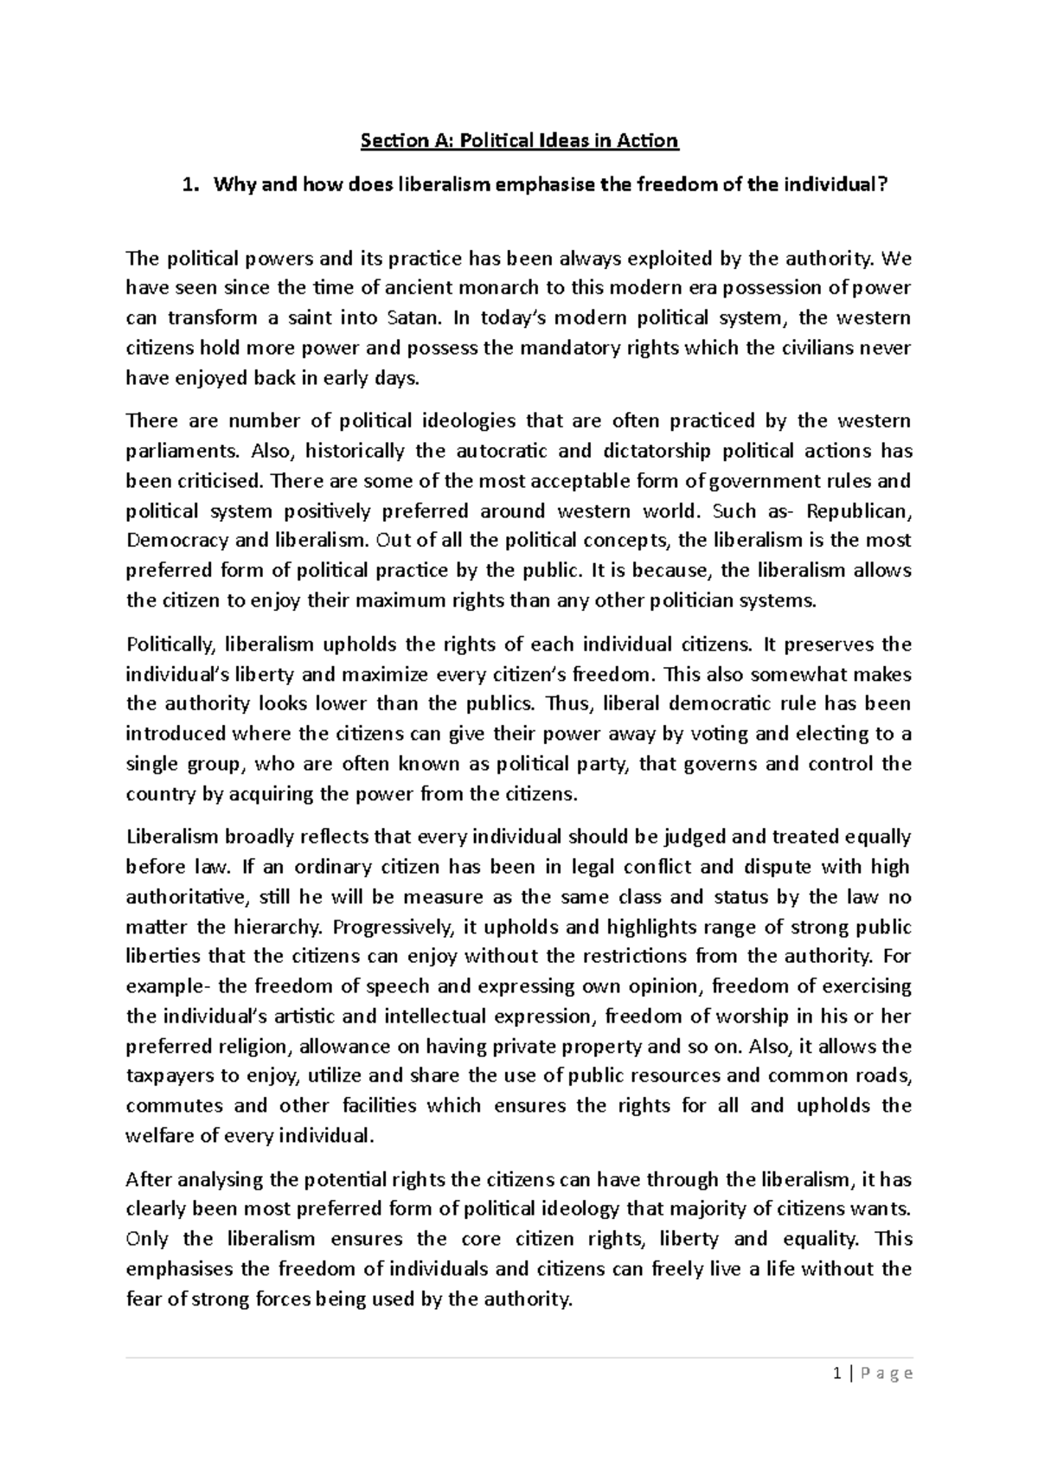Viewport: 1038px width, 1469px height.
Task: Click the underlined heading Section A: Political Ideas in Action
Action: pyautogui.click(x=519, y=140)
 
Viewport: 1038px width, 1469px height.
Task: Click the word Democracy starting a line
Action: pyautogui.click(x=176, y=541)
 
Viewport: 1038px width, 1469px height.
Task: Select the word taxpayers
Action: pyautogui.click(x=170, y=1076)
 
